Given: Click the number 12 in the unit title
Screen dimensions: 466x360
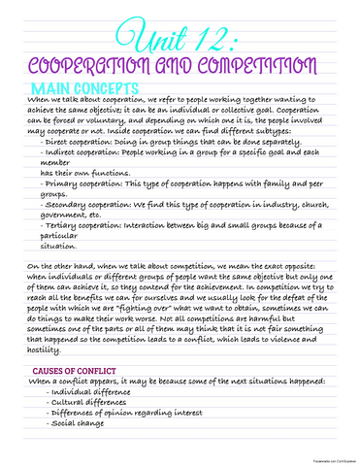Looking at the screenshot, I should tap(214, 38).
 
